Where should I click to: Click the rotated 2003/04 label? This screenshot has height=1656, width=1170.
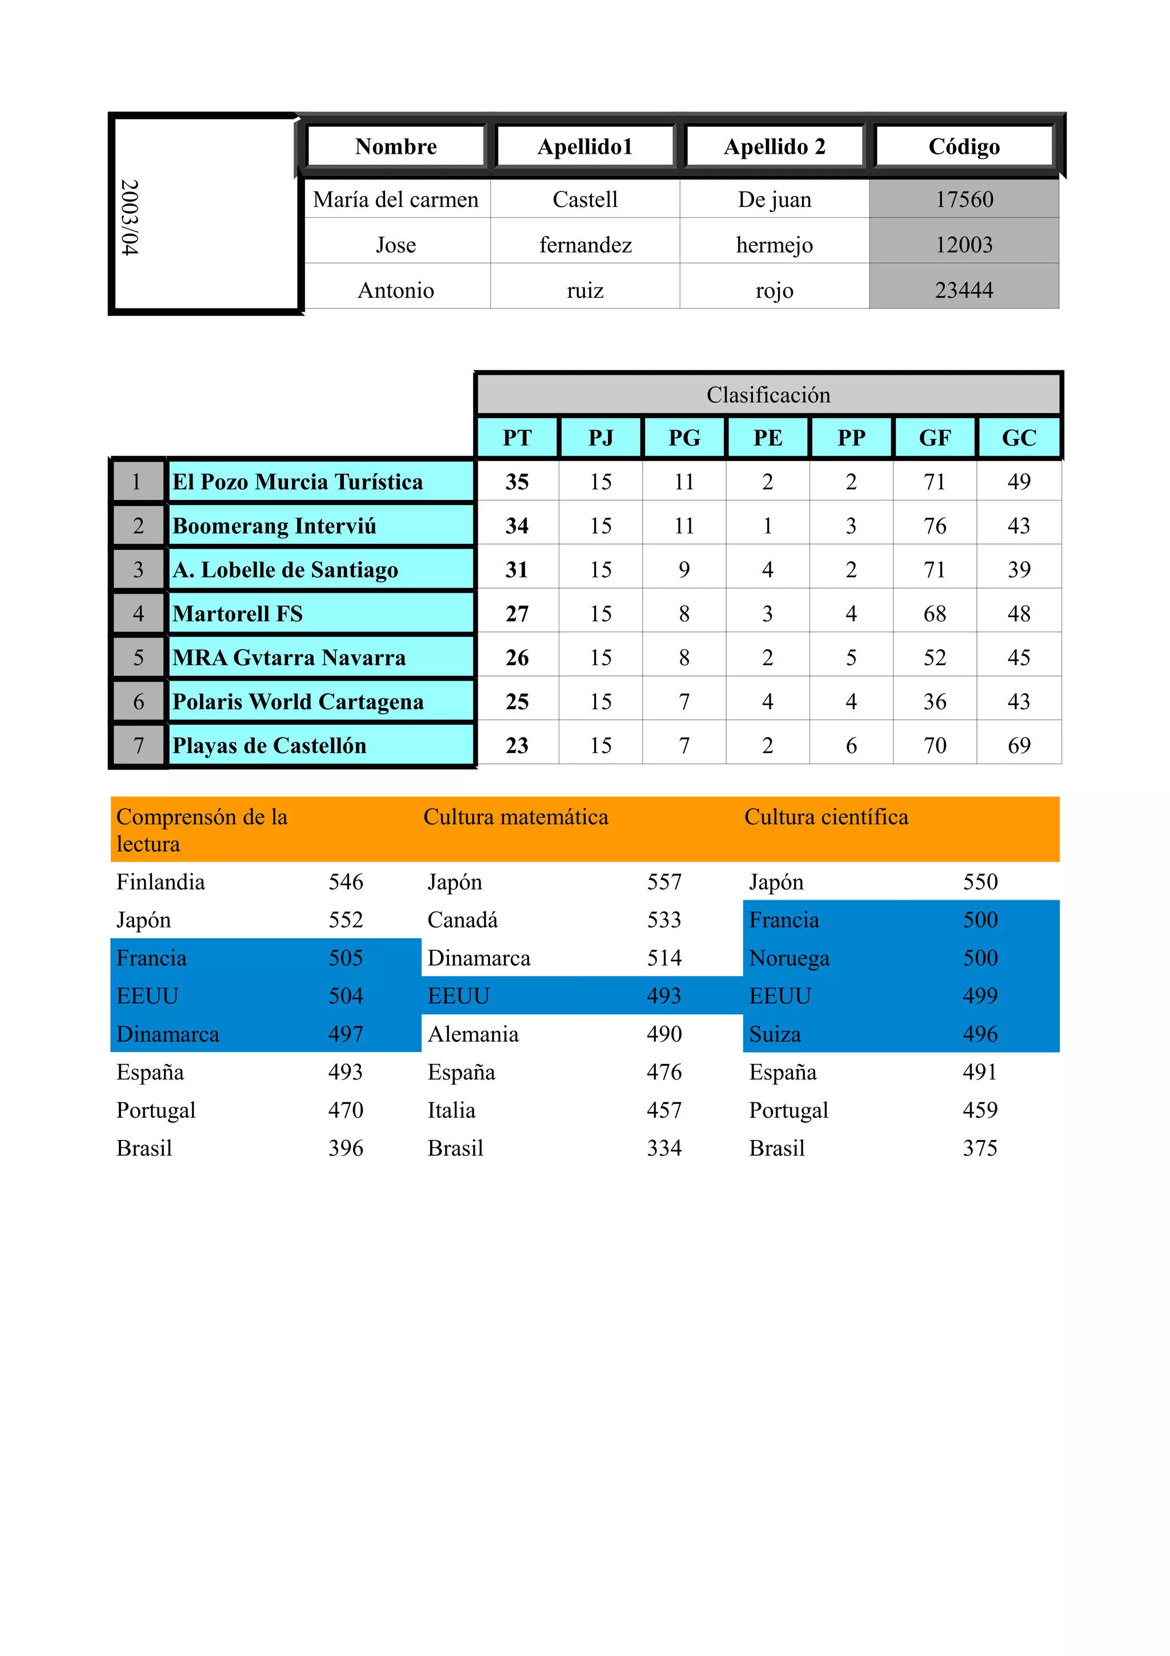coord(130,217)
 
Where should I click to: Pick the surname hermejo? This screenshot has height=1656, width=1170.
coord(774,245)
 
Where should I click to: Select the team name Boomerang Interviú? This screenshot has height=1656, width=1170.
coord(274,526)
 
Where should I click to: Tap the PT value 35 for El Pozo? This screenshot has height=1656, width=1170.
coord(517,482)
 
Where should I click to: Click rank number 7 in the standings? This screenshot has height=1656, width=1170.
coord(138,745)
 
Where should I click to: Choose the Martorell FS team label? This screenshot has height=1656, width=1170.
coord(238,614)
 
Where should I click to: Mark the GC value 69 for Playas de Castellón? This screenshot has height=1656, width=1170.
coord(1018,745)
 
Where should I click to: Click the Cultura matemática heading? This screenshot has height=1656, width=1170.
coord(515,817)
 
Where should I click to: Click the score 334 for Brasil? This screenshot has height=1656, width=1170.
coord(663,1147)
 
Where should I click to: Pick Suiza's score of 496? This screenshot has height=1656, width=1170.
coord(980,1034)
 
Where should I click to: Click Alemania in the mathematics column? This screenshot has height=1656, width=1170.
coord(473,1034)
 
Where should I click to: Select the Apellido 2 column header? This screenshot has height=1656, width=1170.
coord(774,146)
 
